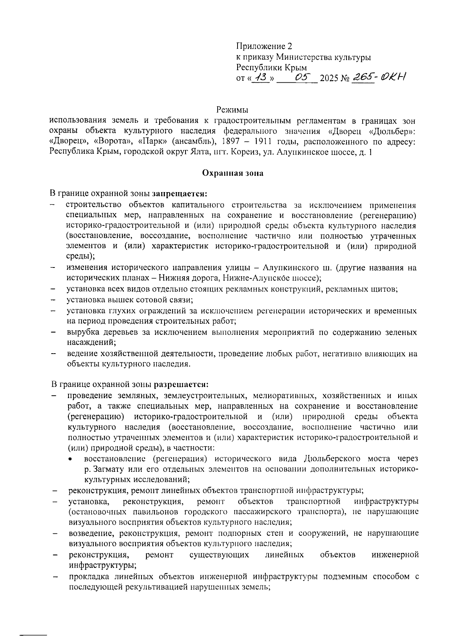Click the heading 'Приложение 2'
point(264,47)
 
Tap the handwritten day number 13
point(261,78)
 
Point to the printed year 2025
point(330,79)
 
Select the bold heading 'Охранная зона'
point(233,173)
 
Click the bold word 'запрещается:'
point(179,194)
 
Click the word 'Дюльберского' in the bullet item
point(333,458)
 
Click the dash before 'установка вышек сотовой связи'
point(53,300)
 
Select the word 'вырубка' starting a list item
point(82,332)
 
